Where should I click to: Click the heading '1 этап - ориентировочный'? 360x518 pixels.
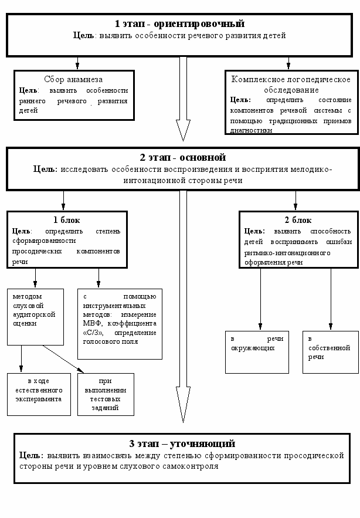180,24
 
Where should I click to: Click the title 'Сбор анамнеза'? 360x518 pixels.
74,79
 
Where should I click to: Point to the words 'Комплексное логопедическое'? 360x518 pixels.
291,79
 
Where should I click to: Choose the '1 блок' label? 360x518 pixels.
66,219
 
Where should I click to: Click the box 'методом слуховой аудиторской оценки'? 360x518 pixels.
35,316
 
